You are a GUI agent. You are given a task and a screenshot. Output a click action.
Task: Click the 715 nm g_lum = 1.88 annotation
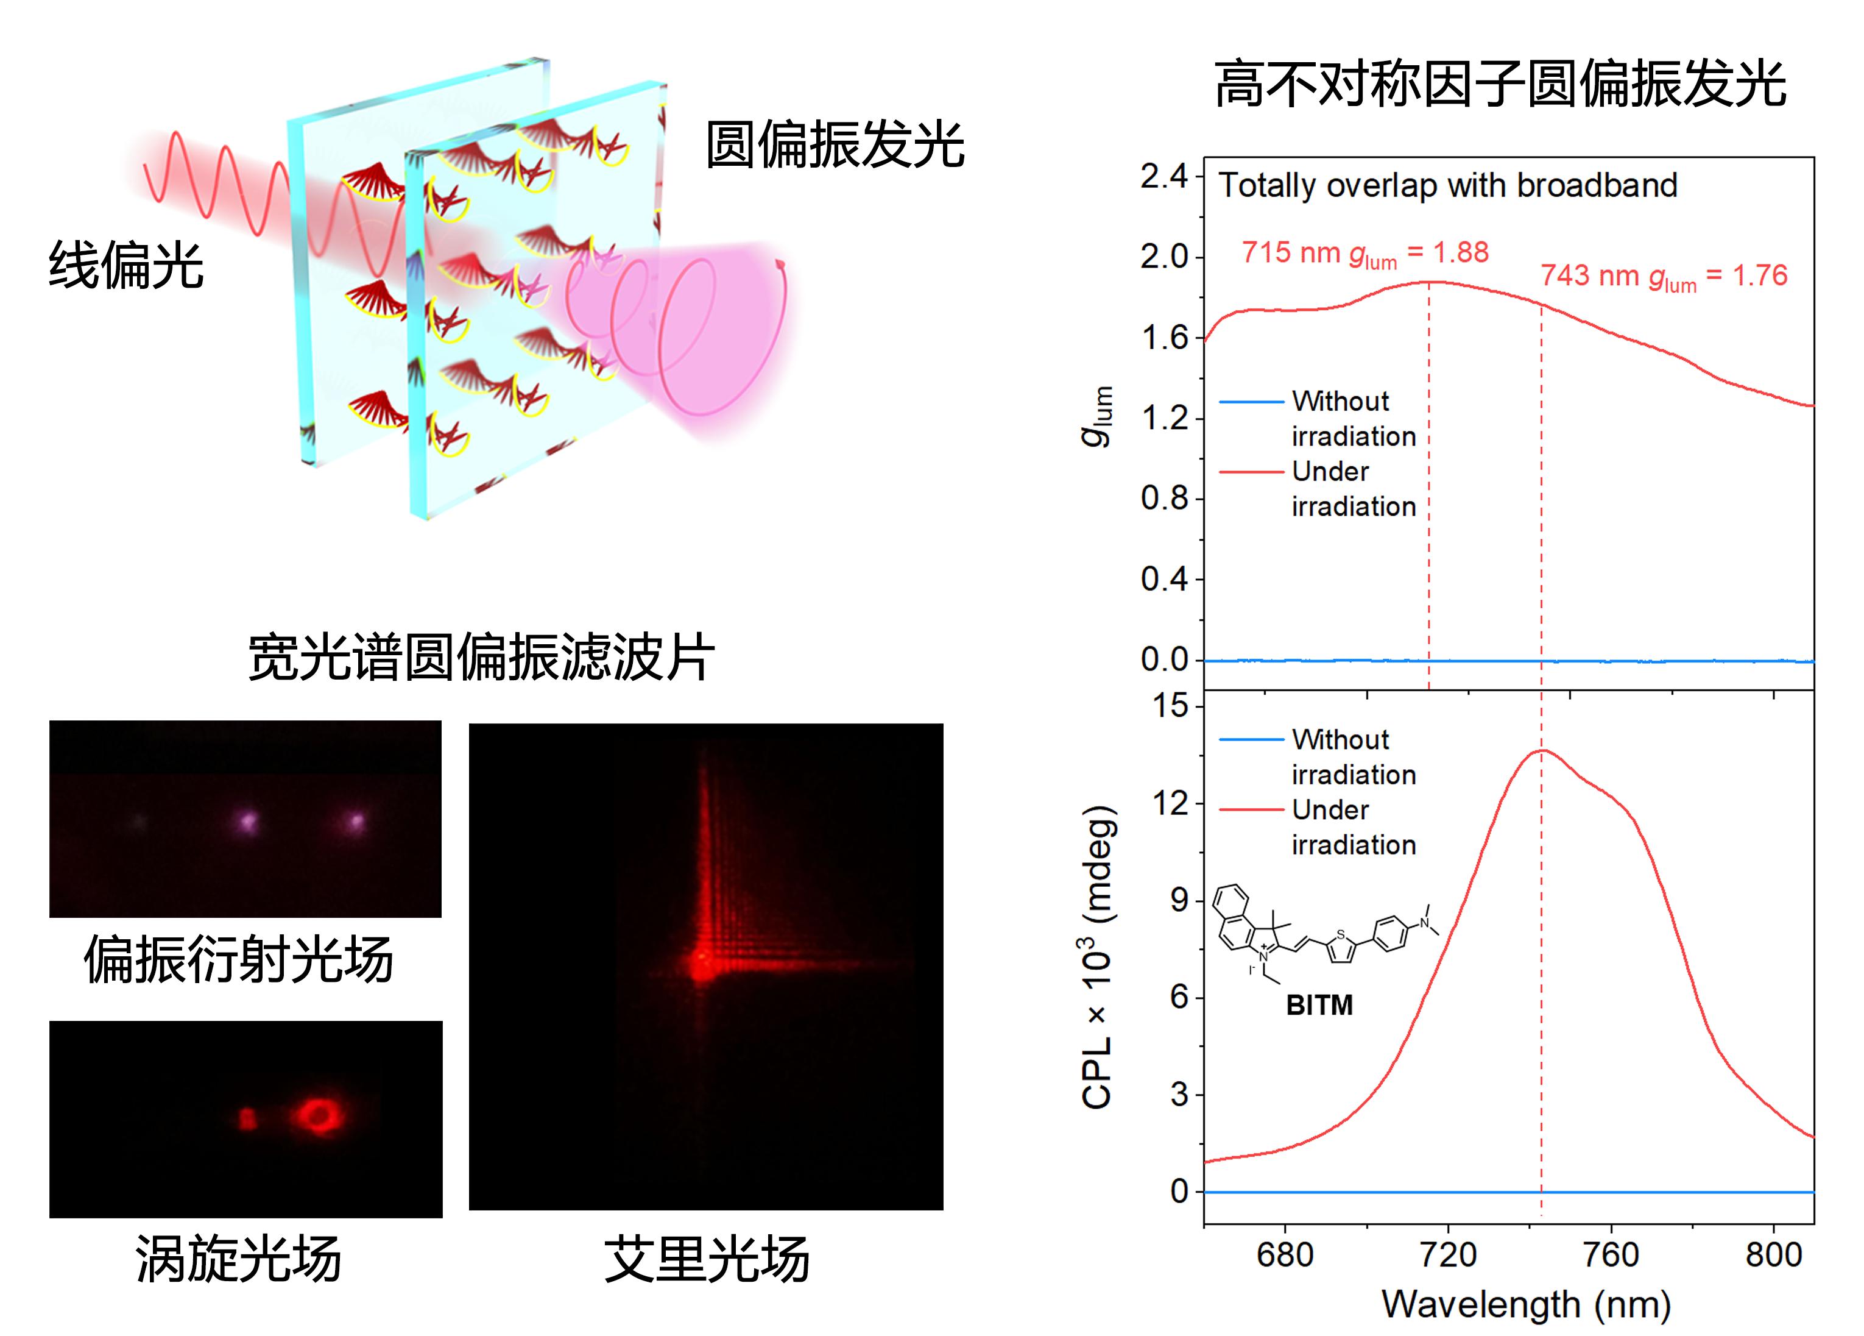click(x=1364, y=253)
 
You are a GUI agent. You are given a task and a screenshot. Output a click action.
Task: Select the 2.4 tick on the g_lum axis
click(x=1163, y=177)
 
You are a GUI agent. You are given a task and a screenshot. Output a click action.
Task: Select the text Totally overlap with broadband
click(x=1447, y=186)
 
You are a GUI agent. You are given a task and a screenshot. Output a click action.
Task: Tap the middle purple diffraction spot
click(x=247, y=820)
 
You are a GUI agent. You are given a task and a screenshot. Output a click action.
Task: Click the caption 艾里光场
click(x=706, y=1260)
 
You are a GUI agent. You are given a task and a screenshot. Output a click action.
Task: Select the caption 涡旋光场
click(x=238, y=1260)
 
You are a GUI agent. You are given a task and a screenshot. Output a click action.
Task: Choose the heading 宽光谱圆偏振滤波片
click(x=481, y=658)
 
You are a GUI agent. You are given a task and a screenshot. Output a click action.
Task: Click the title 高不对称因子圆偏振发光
click(x=1500, y=84)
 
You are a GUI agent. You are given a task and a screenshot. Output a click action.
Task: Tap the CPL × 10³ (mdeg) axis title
click(x=1098, y=958)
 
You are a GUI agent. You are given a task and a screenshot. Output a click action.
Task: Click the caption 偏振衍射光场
click(x=238, y=959)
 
